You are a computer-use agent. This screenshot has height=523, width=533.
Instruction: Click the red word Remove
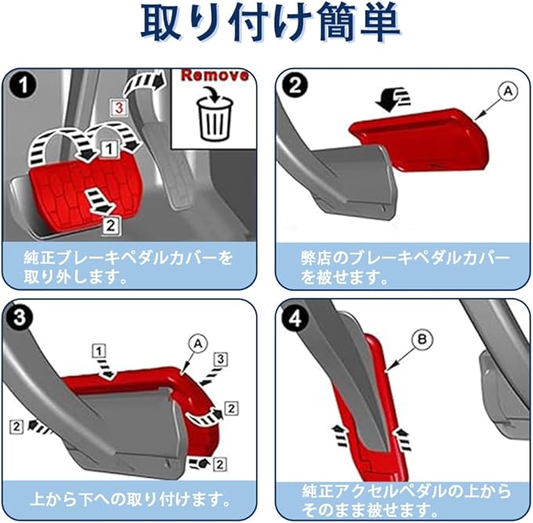coord(214,75)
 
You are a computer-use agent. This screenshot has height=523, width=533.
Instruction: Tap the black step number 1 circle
coord(23,85)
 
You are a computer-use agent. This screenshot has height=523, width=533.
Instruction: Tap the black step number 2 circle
coord(294,85)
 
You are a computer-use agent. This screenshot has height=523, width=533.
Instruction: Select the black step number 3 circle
coord(20,317)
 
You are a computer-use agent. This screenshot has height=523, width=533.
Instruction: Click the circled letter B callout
coord(422,340)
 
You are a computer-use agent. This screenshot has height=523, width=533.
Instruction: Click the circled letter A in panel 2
coord(508,91)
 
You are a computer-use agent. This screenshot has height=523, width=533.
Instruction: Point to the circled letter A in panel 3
coord(199,344)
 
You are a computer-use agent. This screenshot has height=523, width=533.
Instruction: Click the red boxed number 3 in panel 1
coord(119,108)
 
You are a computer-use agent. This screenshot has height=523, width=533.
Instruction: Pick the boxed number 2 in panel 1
coord(111,226)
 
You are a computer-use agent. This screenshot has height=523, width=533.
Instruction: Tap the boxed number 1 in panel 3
coord(99,351)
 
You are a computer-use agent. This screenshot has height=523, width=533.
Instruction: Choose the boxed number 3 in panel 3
coord(221,359)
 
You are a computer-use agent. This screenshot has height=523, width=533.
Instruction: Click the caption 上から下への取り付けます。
coord(130,499)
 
